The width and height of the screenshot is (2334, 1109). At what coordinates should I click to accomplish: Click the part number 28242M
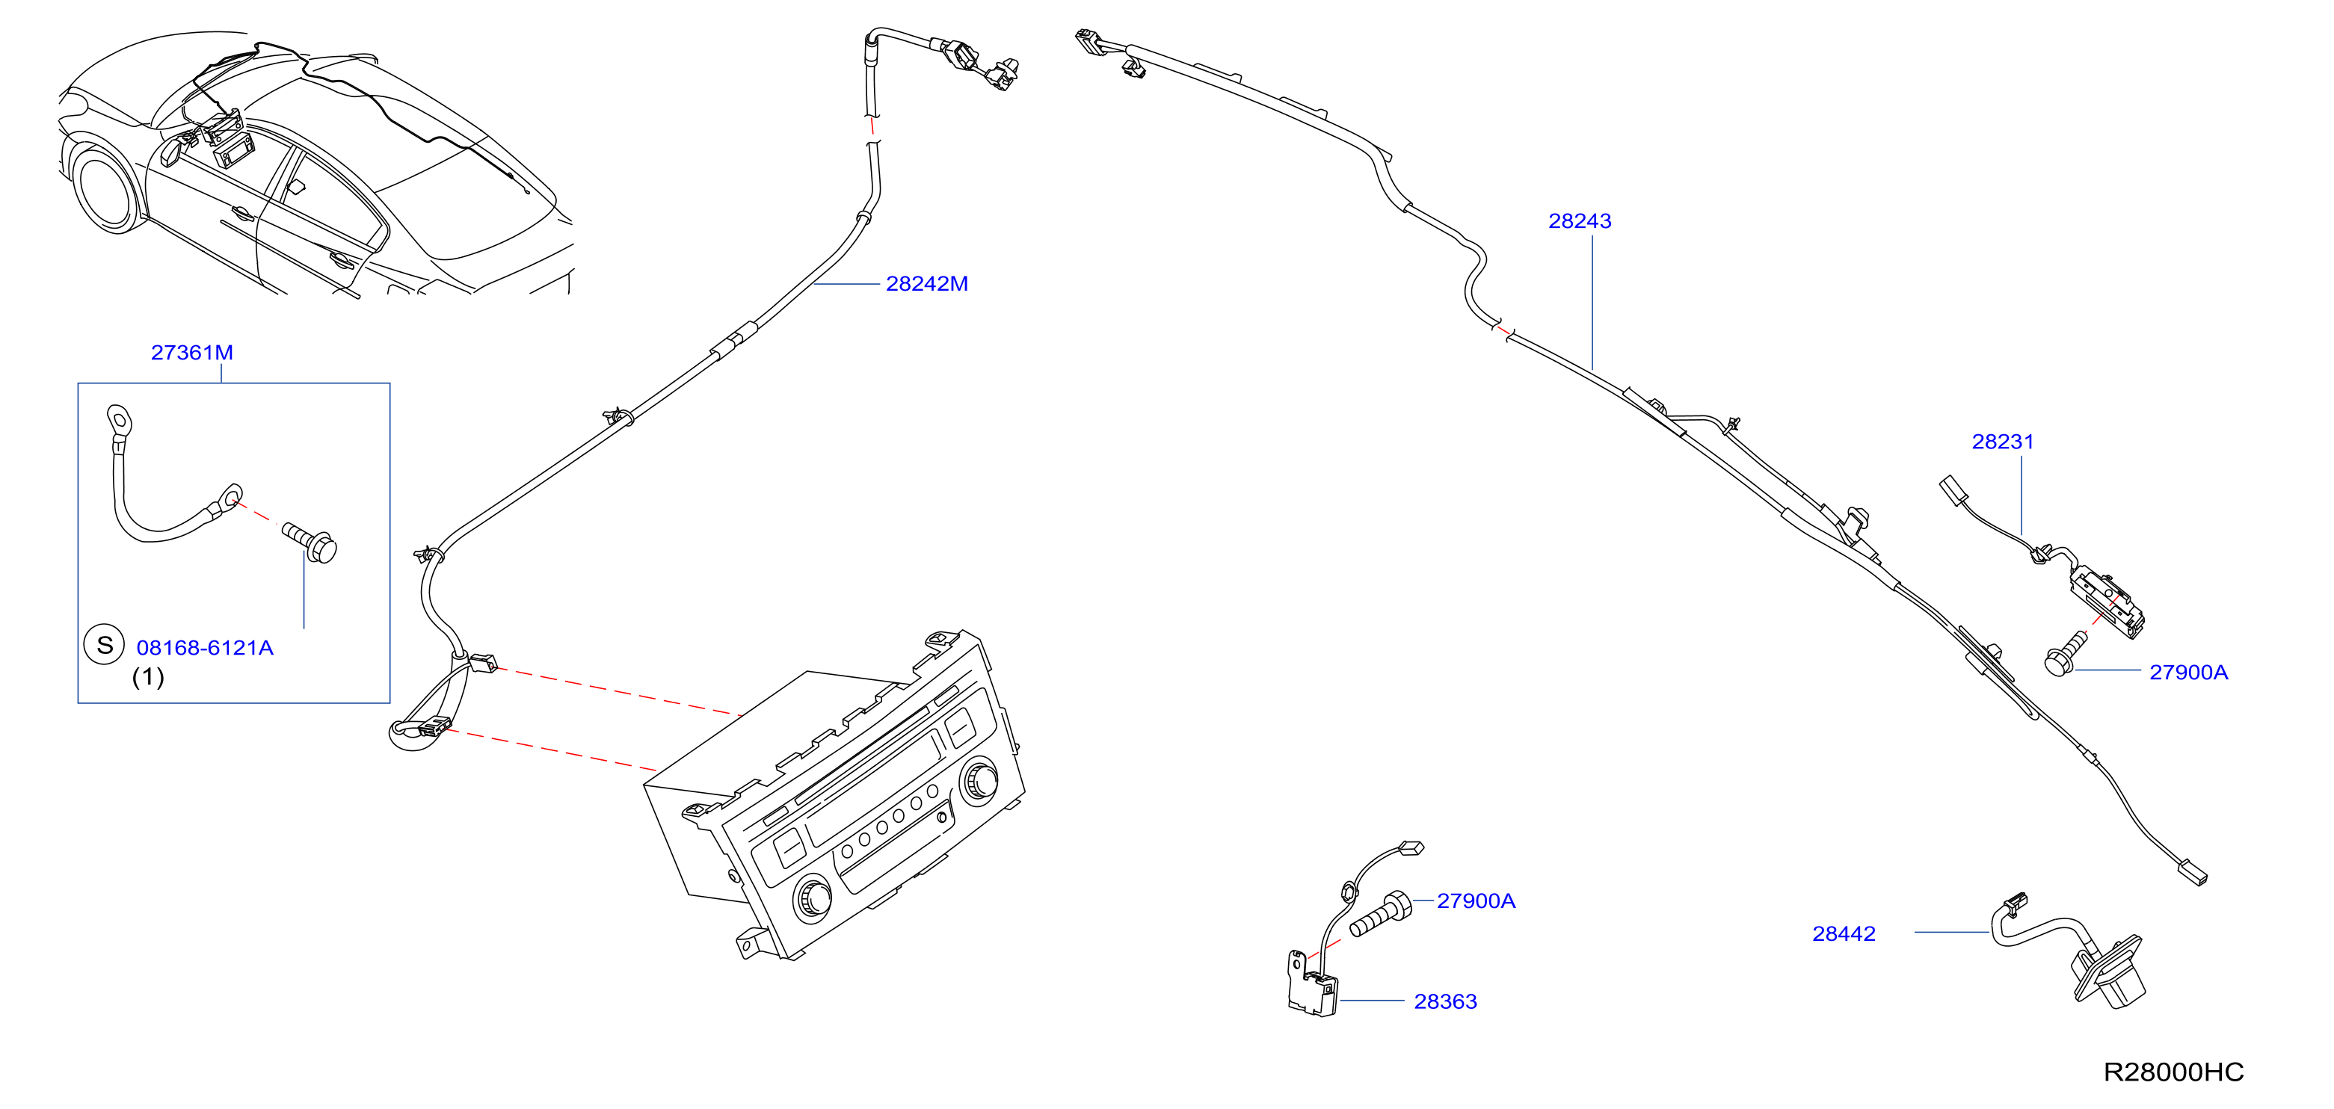(x=926, y=283)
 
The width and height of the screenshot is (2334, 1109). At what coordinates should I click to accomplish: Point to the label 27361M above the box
(x=192, y=353)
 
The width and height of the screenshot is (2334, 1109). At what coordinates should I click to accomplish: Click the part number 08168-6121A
(x=205, y=648)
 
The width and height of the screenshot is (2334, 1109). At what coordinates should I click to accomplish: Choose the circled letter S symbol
(x=104, y=645)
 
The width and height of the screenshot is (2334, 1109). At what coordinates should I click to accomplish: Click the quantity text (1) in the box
(x=148, y=677)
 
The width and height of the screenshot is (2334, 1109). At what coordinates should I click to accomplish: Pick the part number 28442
(x=1843, y=934)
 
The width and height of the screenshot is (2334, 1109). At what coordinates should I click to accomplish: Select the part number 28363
(x=1445, y=1001)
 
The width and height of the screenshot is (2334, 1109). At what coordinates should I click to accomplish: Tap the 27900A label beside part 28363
(x=1476, y=901)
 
